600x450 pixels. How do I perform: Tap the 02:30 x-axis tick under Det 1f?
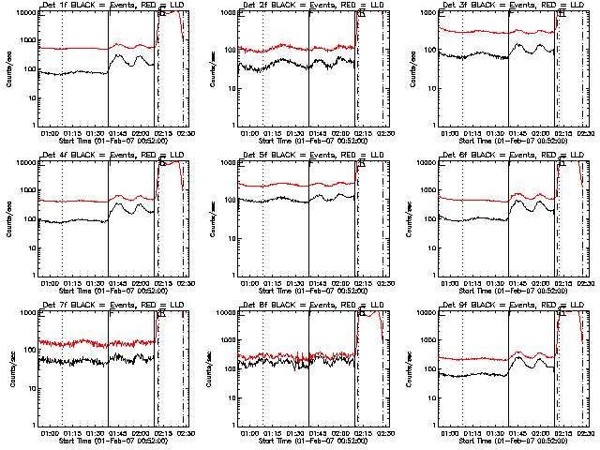click(186, 133)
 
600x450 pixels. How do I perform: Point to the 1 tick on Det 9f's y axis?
click(432, 425)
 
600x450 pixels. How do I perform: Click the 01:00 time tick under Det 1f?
click(50, 133)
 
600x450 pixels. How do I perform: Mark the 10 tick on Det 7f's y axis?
click(31, 387)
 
